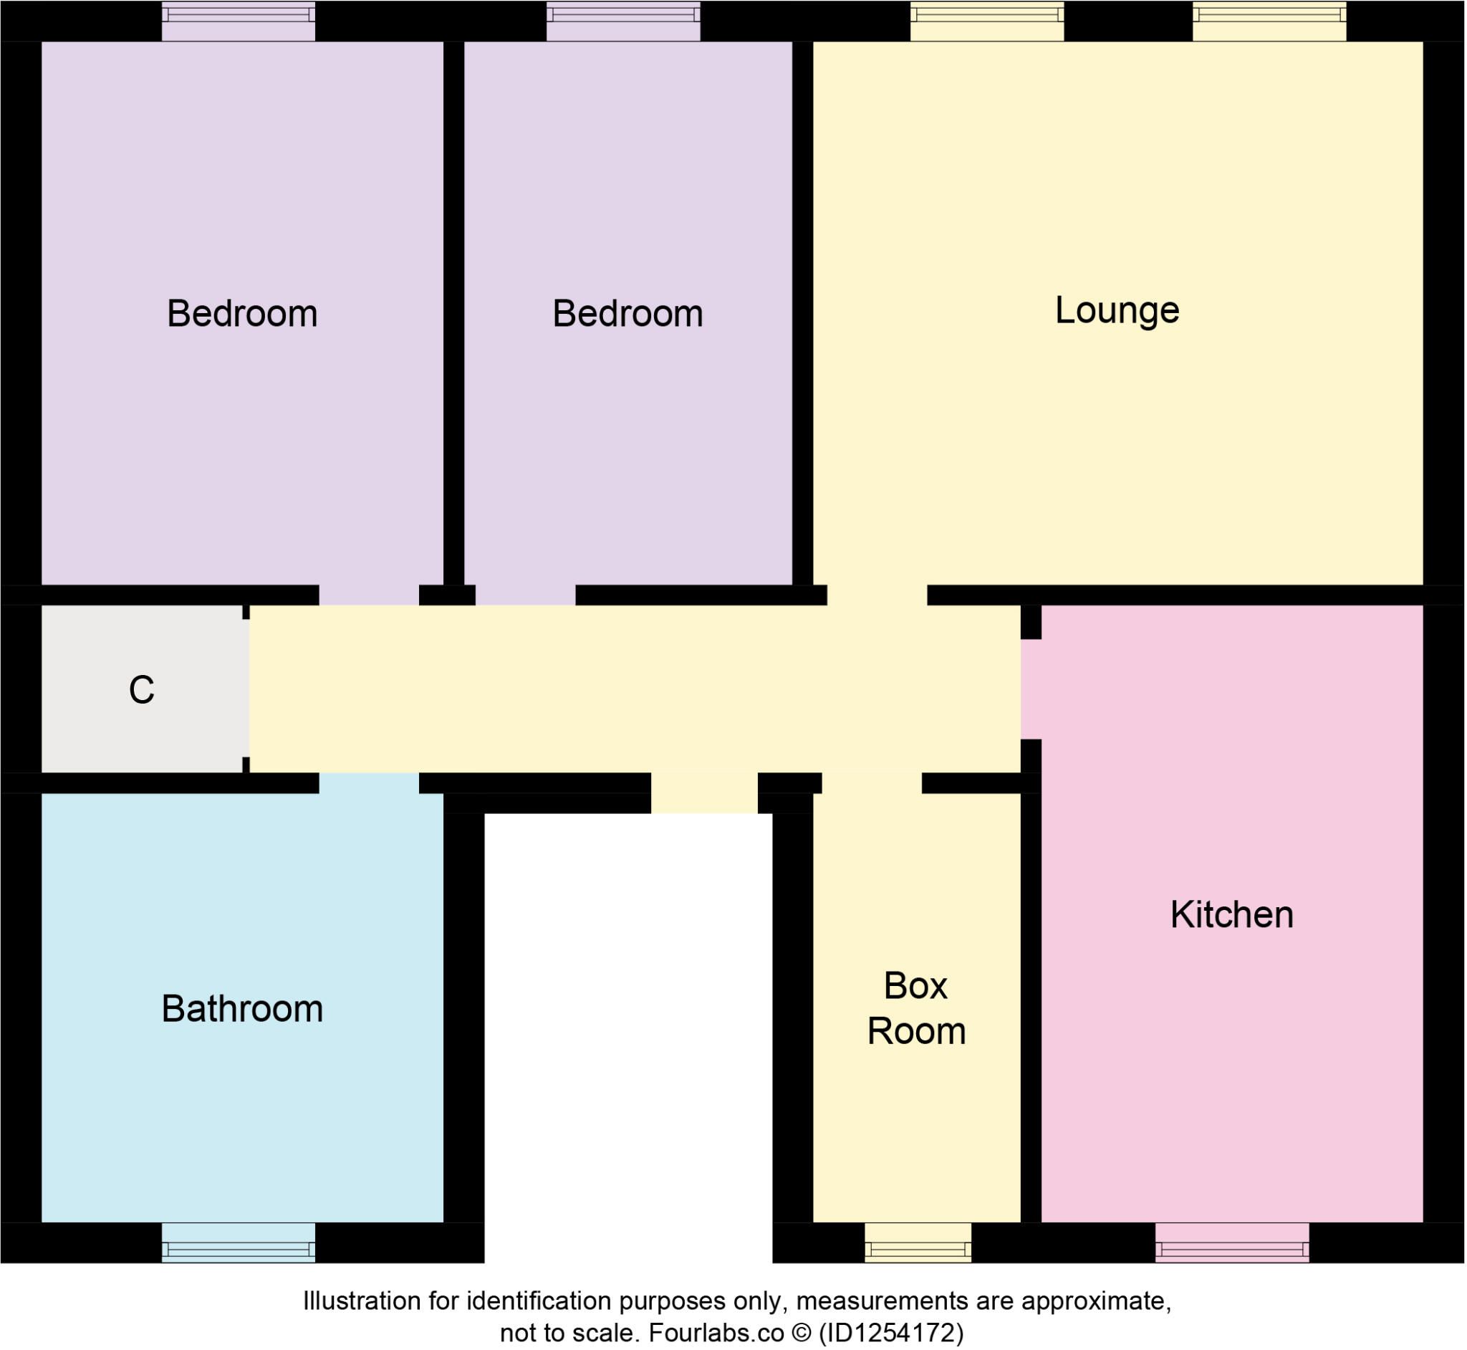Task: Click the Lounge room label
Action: tap(1117, 310)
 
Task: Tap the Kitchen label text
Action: tap(1231, 914)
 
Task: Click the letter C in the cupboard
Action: tap(142, 689)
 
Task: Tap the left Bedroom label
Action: tap(241, 313)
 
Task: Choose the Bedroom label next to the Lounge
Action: tap(627, 313)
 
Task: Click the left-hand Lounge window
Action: tap(986, 21)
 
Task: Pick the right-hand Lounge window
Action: tap(1269, 21)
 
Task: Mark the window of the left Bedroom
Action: tap(238, 21)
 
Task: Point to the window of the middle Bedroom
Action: tap(623, 21)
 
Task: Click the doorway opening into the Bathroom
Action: tap(369, 782)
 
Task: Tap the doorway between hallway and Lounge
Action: tap(877, 595)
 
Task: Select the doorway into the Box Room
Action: tap(871, 783)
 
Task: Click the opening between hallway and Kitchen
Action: tap(1029, 689)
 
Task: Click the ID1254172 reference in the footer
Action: tap(891, 1333)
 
